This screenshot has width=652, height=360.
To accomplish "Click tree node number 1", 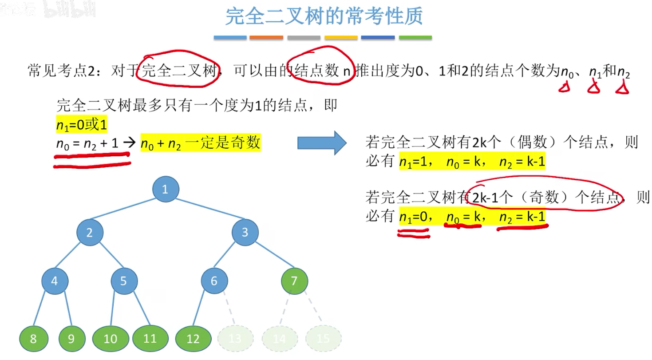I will tap(166, 190).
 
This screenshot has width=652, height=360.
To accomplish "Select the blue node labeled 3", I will tap(245, 232).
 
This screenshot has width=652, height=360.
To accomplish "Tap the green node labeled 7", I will tap(294, 281).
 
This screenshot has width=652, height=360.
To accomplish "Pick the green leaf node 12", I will tap(193, 339).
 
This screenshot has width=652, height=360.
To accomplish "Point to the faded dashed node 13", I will tap(235, 339).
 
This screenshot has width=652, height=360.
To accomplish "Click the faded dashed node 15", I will tap(323, 339).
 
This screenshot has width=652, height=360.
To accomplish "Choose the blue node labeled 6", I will tap(214, 281).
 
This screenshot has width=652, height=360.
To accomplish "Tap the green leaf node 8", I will tap(33, 339).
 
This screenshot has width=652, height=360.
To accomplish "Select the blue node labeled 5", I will tap(124, 281).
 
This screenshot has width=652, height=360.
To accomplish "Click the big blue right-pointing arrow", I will tap(322, 143).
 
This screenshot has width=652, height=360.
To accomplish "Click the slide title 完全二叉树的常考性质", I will tap(324, 16).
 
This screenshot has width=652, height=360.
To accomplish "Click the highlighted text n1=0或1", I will tap(82, 126).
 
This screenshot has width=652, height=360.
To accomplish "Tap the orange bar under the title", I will tap(266, 38).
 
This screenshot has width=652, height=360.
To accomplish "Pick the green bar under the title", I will tap(415, 38).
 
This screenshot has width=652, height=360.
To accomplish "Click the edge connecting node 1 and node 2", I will tap(127, 211).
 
